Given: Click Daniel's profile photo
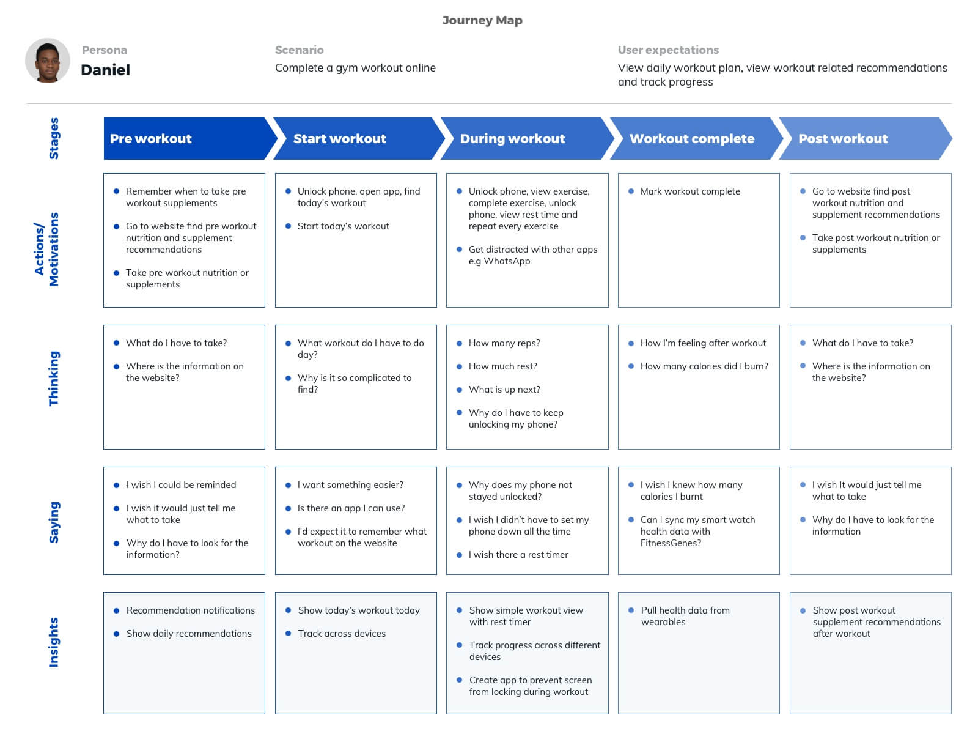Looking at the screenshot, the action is tap(47, 60).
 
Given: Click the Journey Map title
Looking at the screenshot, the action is tap(482, 21).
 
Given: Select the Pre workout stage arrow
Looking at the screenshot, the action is tap(190, 139).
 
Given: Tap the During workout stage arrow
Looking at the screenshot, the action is tap(528, 139).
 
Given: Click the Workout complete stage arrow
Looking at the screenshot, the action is tap(696, 139).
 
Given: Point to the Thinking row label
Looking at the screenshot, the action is tap(53, 379).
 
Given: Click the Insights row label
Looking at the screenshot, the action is tap(53, 642).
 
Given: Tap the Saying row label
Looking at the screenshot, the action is tap(53, 522).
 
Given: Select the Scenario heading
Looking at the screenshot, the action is tap(299, 50).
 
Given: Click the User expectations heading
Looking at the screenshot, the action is tap(668, 50).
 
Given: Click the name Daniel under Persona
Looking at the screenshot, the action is tap(106, 70).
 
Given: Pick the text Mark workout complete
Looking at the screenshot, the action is tap(689, 191).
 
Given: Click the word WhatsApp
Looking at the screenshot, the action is tap(507, 261).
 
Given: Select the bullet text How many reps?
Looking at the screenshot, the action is tap(504, 343).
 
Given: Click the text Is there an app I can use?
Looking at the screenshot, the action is tap(351, 508).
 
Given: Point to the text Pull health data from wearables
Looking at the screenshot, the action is tap(685, 616).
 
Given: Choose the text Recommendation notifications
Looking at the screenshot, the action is tap(191, 610).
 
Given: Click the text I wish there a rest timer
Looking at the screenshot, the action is tap(518, 554).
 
